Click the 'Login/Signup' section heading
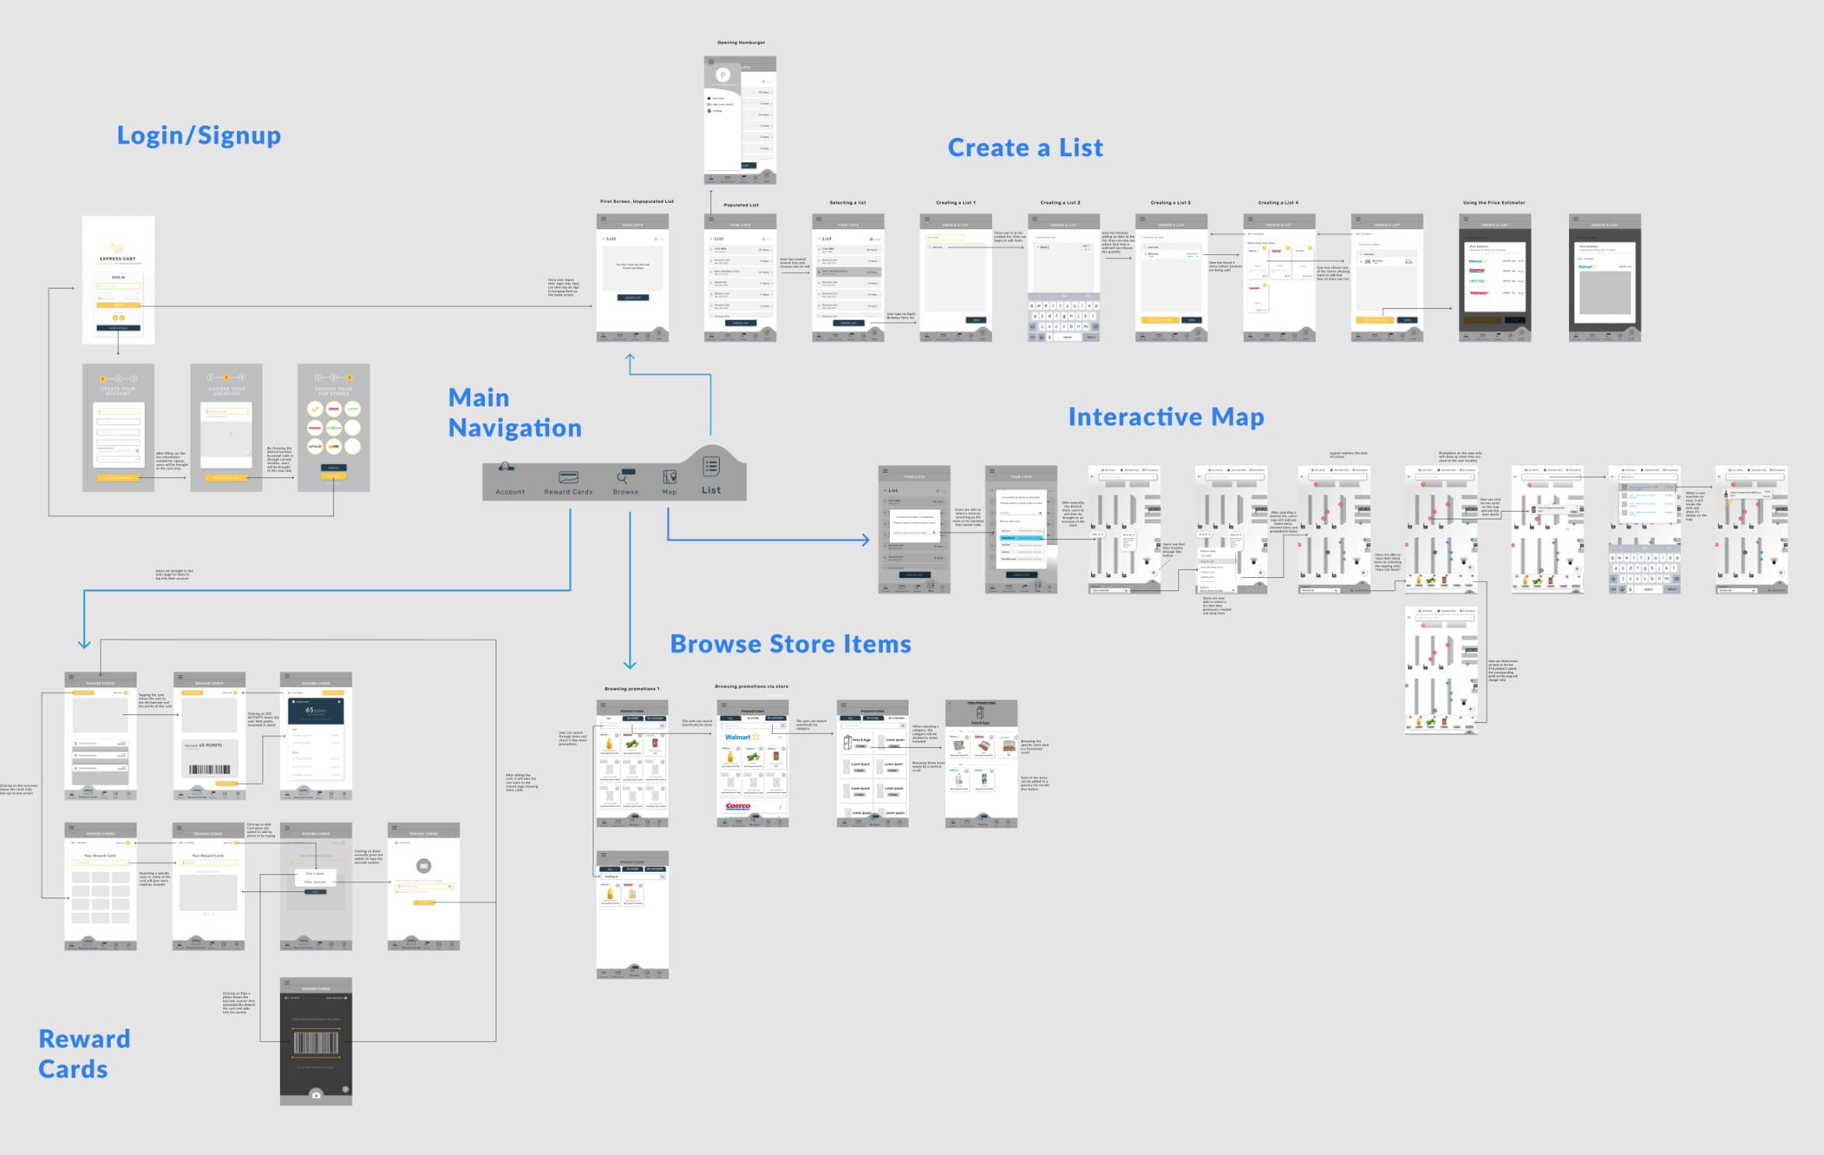(x=199, y=136)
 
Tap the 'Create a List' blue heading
(x=1025, y=147)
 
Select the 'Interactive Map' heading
(x=1165, y=416)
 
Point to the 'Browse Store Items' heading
(x=790, y=643)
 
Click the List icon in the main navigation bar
(x=710, y=466)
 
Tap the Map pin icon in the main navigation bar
(x=669, y=477)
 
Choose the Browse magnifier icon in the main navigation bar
(x=625, y=476)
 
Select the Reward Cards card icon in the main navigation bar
(x=568, y=477)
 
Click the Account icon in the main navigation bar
(x=507, y=468)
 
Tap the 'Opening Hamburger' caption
(x=741, y=43)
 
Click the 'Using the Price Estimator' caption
(x=1493, y=203)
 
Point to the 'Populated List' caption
(x=741, y=205)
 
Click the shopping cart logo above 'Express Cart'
(x=117, y=248)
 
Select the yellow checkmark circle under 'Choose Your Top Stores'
(x=314, y=409)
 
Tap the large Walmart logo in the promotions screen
(x=742, y=737)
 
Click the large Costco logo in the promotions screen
(x=738, y=806)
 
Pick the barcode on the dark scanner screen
(x=316, y=1042)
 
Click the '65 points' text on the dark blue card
(x=315, y=710)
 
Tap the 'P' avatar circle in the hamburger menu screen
(x=723, y=75)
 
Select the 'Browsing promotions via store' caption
(x=751, y=686)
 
